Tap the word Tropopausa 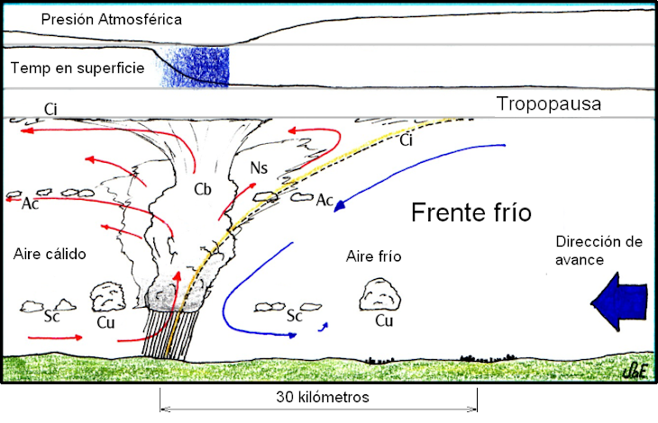tap(549, 105)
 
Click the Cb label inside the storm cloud tap(203, 191)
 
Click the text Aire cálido tap(50, 254)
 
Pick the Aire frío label tap(373, 256)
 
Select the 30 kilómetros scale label tap(317, 397)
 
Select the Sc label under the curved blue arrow tap(294, 317)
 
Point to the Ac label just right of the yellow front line tap(325, 201)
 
